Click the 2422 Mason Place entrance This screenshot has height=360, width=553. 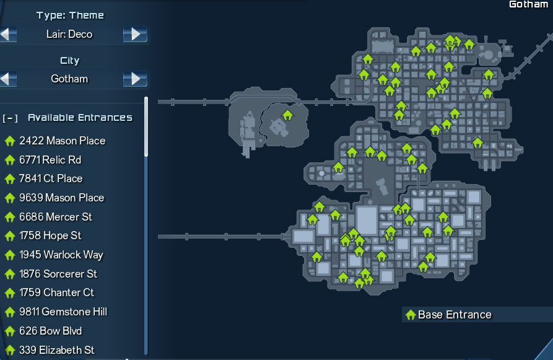point(62,141)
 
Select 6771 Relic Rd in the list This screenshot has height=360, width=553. point(50,160)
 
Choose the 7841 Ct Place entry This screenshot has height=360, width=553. point(51,178)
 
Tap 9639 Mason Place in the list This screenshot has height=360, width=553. point(61,198)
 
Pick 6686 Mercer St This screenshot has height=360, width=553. point(56,217)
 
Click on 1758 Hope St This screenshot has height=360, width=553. point(50,235)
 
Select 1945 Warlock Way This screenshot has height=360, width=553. point(61,255)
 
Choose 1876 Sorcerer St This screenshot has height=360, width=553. point(58,274)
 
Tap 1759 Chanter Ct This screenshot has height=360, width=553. point(56,292)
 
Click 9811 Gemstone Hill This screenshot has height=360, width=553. point(63,312)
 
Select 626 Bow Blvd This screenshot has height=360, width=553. point(50,331)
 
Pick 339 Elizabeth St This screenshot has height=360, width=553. point(56,350)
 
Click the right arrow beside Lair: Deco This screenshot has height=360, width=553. point(135,34)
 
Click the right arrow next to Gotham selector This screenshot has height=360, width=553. point(135,79)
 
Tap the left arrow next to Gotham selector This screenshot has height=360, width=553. point(8,79)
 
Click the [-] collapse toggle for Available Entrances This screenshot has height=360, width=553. point(10,118)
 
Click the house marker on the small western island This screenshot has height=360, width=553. point(287,115)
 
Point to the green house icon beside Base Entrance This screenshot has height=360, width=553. point(410,315)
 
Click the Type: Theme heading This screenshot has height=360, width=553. point(70,15)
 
